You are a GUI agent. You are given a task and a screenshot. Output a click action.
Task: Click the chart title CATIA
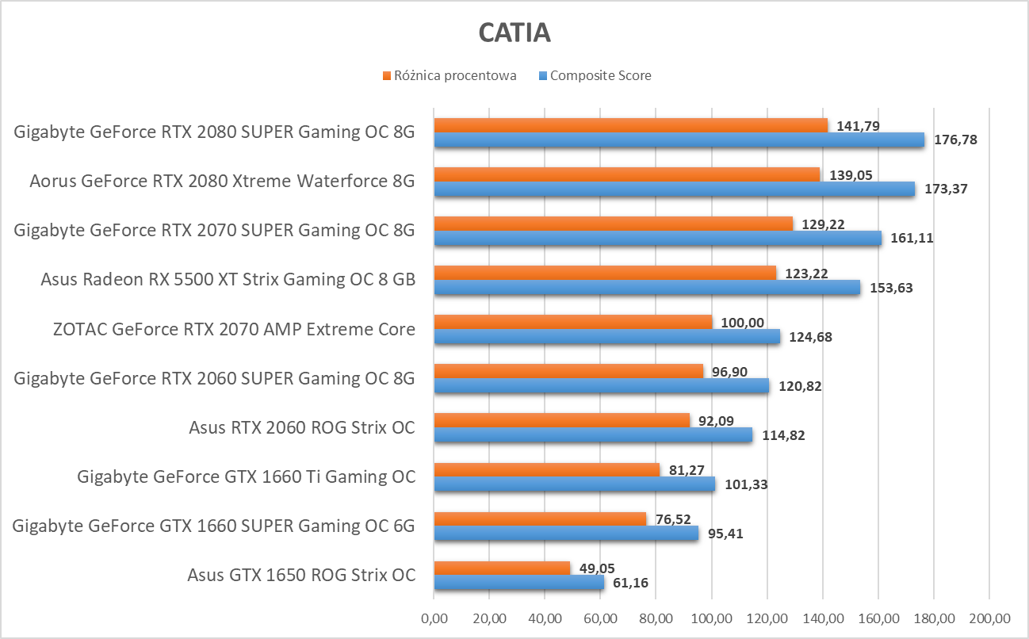[514, 33]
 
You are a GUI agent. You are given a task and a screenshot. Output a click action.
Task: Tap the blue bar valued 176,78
[679, 140]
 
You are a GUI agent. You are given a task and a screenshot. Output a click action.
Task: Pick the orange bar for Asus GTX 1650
[502, 568]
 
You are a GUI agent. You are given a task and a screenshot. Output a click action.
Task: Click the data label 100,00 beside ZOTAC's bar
[743, 323]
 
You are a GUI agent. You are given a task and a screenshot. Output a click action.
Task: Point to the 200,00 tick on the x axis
[989, 618]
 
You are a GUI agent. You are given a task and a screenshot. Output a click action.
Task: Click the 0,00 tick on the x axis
[434, 618]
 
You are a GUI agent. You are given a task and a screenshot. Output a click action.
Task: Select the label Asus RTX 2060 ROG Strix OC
[302, 427]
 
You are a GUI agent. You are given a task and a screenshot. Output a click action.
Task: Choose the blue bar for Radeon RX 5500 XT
[647, 288]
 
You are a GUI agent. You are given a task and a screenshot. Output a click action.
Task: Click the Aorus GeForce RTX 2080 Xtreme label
[222, 181]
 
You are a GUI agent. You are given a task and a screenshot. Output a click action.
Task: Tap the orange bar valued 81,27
[547, 469]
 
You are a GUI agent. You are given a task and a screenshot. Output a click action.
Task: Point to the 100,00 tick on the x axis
[711, 618]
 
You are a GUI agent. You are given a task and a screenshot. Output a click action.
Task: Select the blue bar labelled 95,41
[566, 534]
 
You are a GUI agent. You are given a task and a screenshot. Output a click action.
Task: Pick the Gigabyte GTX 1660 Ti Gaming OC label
[246, 476]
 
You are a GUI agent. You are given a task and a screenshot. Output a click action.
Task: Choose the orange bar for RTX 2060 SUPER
[568, 371]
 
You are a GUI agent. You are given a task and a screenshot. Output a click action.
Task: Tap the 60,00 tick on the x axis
[600, 618]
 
